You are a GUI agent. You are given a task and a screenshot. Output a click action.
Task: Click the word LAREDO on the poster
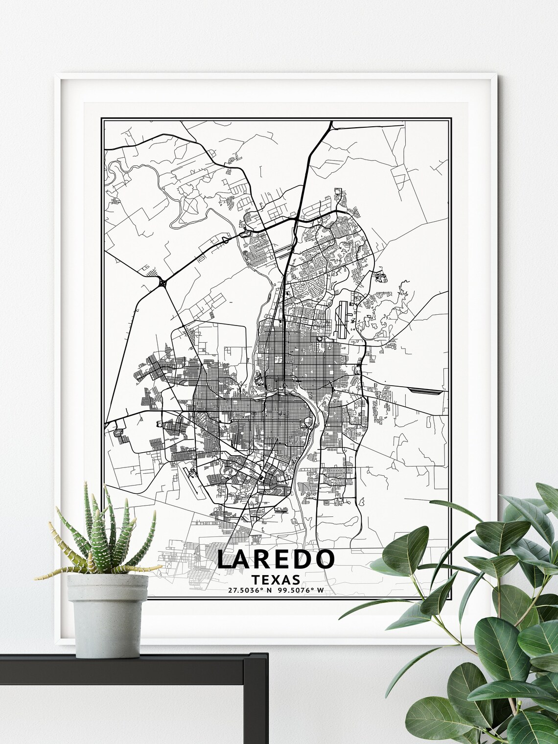tap(276, 559)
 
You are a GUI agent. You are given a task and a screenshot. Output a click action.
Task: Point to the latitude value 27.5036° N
tap(249, 590)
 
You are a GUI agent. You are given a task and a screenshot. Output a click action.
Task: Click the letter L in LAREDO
tap(224, 559)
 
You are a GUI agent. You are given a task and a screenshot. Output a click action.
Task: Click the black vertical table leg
tap(268, 705)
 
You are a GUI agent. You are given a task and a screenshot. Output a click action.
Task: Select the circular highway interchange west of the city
tap(162, 282)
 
